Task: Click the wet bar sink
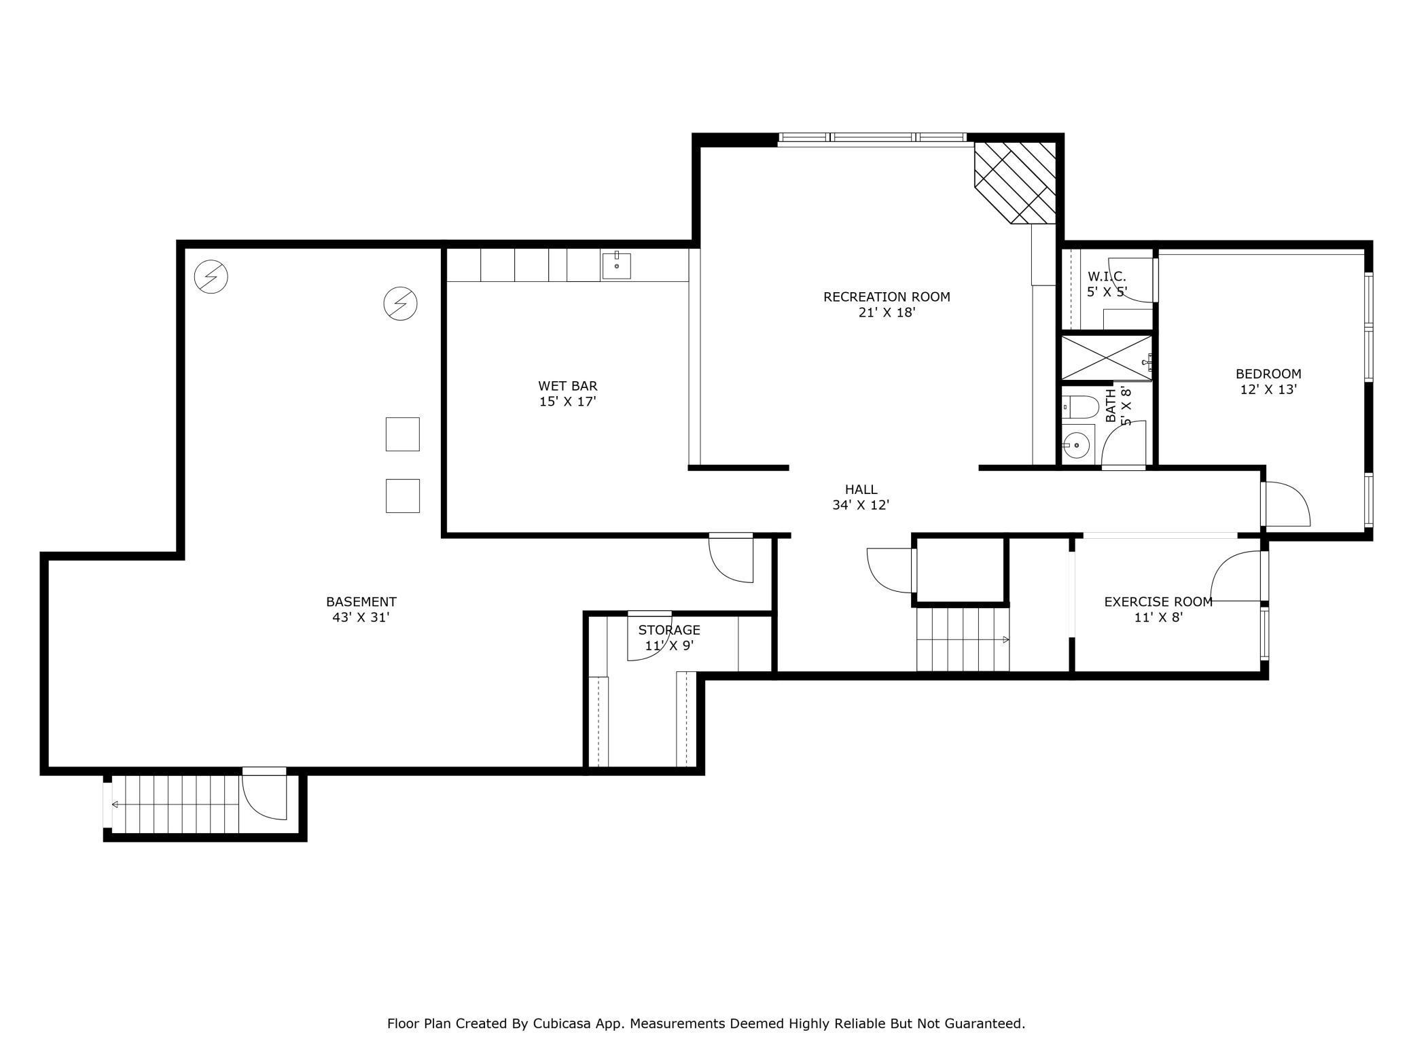tap(616, 266)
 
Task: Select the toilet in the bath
tap(1080, 407)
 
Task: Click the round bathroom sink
tap(1076, 446)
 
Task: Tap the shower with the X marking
tap(1107, 358)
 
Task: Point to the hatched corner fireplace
tap(1015, 183)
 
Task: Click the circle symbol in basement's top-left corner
tap(211, 277)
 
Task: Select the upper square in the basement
tap(403, 434)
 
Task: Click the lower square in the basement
tap(403, 496)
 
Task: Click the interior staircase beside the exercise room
tap(963, 639)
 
